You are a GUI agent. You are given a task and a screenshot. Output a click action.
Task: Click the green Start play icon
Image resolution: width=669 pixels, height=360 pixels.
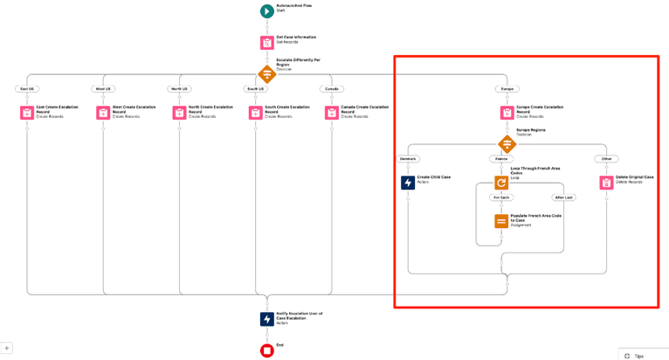pyautogui.click(x=266, y=11)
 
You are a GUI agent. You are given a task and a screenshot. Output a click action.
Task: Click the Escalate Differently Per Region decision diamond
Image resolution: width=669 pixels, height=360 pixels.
pyautogui.click(x=266, y=74)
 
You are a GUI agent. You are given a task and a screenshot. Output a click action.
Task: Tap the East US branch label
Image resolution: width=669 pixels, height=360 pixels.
pyautogui.click(x=27, y=89)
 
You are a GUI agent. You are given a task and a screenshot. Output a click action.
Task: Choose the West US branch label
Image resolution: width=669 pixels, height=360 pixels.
pyautogui.click(x=103, y=89)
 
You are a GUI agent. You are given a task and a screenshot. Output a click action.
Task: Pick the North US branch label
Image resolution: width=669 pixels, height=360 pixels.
pyautogui.click(x=180, y=89)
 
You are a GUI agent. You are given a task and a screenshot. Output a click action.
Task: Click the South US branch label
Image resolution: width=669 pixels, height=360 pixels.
pyautogui.click(x=256, y=89)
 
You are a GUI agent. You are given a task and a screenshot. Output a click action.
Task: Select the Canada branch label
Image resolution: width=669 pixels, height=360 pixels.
pyautogui.click(x=331, y=89)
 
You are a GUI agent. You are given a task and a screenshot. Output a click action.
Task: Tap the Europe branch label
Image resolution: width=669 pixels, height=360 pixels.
pyautogui.click(x=507, y=89)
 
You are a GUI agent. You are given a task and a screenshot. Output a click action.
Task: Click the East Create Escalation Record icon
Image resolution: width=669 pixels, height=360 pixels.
pyautogui.click(x=27, y=113)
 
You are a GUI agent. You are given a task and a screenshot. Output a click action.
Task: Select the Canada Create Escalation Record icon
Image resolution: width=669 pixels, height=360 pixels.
pyautogui.click(x=332, y=113)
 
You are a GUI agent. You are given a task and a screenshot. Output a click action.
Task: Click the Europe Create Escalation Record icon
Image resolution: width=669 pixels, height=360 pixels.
pyautogui.click(x=507, y=113)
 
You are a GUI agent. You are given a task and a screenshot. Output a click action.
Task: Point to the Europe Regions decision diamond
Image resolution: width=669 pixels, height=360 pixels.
pyautogui.click(x=507, y=144)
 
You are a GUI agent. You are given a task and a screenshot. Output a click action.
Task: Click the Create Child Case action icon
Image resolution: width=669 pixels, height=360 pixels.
pyautogui.click(x=408, y=183)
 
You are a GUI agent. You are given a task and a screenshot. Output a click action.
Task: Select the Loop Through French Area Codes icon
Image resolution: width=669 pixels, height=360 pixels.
pyautogui.click(x=501, y=183)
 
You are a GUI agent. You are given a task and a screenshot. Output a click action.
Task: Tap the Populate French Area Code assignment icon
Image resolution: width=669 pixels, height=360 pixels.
pyautogui.click(x=501, y=221)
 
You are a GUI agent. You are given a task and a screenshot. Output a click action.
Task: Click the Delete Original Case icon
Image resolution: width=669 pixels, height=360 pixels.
pyautogui.click(x=606, y=183)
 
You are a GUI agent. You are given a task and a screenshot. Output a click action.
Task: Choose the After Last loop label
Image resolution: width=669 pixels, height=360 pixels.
pyautogui.click(x=563, y=197)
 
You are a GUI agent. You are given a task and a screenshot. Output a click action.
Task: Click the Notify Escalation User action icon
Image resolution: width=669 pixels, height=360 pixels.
pyautogui.click(x=266, y=319)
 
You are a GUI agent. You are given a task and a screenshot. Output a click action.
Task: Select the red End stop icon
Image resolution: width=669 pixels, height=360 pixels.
pyautogui.click(x=266, y=350)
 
